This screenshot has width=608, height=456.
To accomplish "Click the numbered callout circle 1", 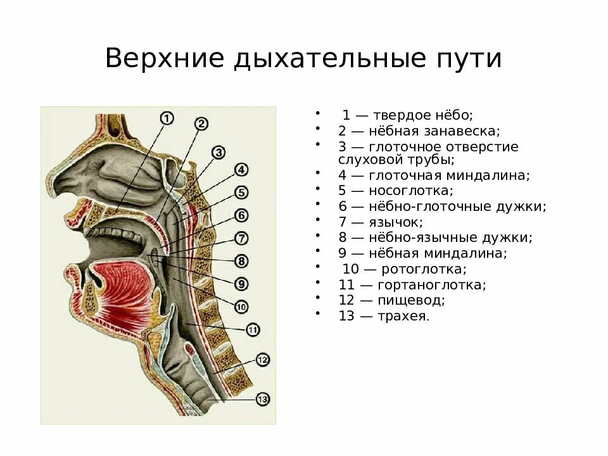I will tap(166, 118).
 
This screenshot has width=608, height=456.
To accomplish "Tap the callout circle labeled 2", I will tap(201, 124).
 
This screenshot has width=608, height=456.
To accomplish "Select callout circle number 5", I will tap(241, 192).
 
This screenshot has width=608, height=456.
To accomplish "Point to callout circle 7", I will tap(241, 239).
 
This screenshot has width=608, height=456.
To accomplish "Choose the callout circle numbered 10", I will tap(241, 307).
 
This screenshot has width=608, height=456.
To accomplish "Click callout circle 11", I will tap(252, 329).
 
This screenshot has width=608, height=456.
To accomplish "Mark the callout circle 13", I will tap(263, 399).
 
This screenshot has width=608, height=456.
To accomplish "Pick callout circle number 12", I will tap(263, 360).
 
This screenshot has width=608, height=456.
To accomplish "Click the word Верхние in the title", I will tap(165, 60).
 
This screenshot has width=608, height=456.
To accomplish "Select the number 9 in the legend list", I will tap(342, 253).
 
